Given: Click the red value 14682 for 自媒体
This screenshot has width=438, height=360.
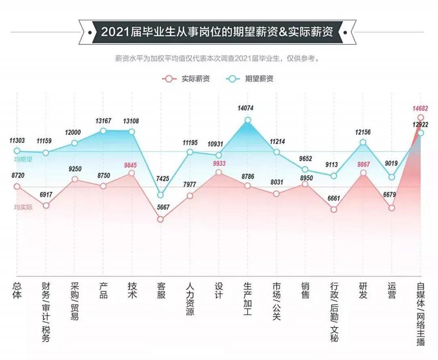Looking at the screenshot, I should click(420, 109).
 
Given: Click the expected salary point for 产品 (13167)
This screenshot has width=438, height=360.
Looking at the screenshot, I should click(104, 131).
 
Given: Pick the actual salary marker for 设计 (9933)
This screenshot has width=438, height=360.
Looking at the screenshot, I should click(219, 172).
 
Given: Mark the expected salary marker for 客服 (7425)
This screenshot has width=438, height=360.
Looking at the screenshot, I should click(161, 195).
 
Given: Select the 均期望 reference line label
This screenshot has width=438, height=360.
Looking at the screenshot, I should click(23, 160).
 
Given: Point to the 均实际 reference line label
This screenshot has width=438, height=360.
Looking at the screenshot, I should click(23, 207).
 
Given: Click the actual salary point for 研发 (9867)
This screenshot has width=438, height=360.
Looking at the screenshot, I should click(363, 173).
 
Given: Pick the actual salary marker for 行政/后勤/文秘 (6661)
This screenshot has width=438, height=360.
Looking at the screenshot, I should click(334, 210).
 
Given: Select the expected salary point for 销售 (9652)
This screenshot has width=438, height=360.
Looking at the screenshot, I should click(305, 170).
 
